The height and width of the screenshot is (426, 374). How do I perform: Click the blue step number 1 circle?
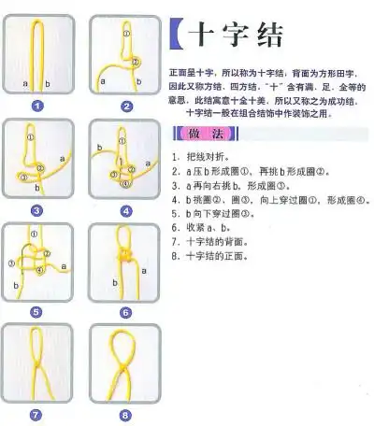[x=37, y=106]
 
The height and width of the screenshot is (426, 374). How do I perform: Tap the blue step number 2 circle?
[x=126, y=106]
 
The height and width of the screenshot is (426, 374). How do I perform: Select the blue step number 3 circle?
[x=37, y=210]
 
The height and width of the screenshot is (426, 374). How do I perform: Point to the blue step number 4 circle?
[x=126, y=210]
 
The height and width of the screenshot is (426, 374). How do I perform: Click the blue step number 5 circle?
[x=37, y=312]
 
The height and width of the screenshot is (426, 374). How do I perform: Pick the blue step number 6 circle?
[x=126, y=312]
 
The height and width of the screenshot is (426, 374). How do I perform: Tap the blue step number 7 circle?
[x=37, y=414]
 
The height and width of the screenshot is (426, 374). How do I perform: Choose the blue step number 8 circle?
[x=126, y=414]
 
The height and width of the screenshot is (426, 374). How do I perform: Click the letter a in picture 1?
[x=25, y=83]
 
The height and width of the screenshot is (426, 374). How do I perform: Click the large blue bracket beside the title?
[x=178, y=36]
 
